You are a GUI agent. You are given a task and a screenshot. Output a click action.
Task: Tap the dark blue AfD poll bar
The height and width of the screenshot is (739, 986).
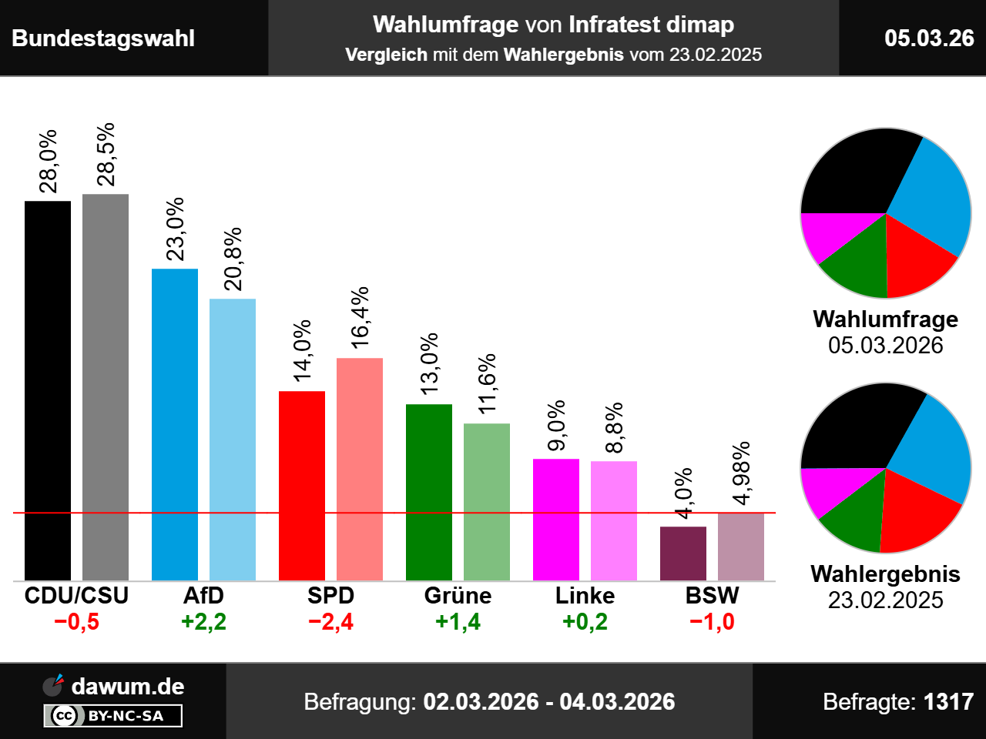[x=175, y=424]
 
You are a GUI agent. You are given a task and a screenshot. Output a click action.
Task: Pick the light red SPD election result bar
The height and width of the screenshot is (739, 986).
[x=360, y=469]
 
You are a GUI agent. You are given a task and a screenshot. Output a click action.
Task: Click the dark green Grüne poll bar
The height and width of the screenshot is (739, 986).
[x=429, y=492]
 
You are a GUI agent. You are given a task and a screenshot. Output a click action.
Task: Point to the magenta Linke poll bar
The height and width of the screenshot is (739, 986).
[x=556, y=520]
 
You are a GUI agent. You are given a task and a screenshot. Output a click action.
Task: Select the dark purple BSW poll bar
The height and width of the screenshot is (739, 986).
[x=683, y=553]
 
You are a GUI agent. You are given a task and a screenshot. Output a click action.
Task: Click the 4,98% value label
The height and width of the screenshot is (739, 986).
[x=741, y=473]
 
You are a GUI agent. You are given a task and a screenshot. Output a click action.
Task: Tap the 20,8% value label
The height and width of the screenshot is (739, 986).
[x=233, y=259]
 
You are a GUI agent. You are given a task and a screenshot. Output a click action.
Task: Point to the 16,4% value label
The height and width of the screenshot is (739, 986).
[x=360, y=317]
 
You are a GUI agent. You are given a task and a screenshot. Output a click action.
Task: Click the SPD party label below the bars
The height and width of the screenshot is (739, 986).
[x=330, y=596]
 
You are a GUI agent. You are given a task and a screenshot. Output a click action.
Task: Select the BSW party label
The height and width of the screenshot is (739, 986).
[x=712, y=596]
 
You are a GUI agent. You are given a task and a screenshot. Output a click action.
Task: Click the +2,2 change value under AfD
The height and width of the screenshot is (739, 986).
[x=203, y=622]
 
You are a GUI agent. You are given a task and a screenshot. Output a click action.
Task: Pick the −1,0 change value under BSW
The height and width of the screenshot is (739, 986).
[x=712, y=622]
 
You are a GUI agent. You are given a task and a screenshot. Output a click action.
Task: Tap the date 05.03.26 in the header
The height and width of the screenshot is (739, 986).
[x=929, y=38]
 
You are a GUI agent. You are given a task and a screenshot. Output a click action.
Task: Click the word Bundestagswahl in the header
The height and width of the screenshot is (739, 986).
[x=103, y=38]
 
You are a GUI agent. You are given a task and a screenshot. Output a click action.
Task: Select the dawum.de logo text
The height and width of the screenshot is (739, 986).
[x=128, y=687]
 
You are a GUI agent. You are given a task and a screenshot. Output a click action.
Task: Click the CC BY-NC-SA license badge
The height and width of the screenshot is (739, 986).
[x=112, y=716]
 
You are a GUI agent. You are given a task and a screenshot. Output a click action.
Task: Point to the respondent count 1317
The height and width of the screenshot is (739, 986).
[x=948, y=702]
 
